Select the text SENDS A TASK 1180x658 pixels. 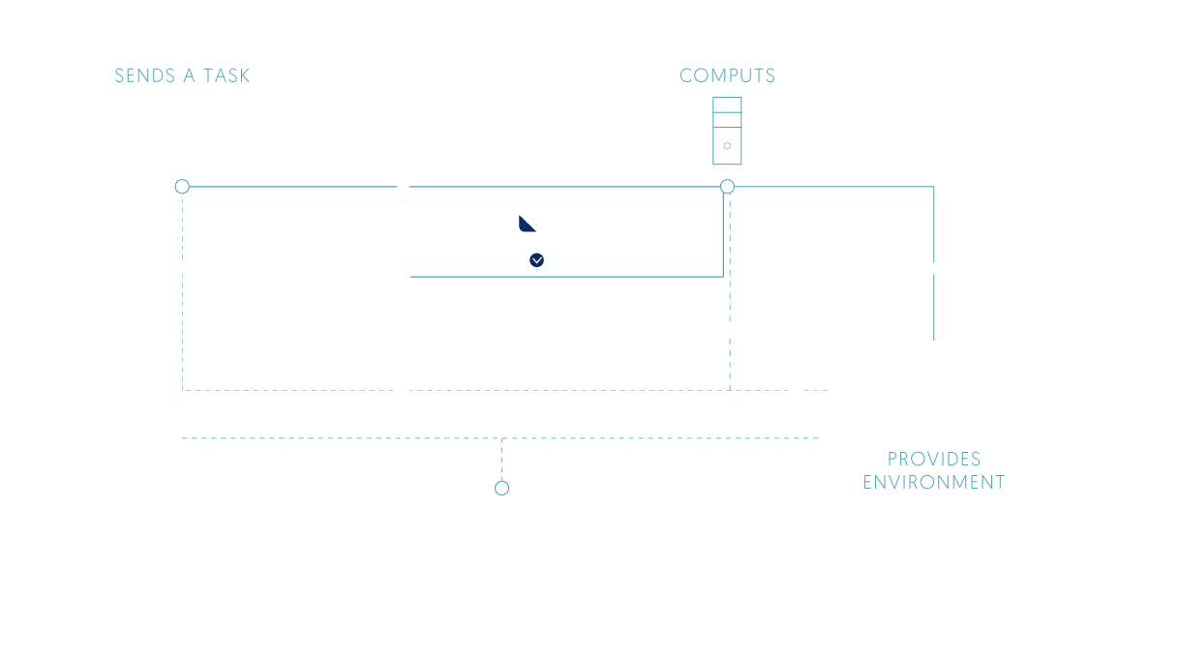(182, 76)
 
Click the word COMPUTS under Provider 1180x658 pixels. (727, 75)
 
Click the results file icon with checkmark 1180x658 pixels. (521, 239)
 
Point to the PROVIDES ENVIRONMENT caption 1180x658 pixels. (933, 470)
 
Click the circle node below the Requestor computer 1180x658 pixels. (181, 187)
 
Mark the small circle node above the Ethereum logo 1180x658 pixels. (501, 488)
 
